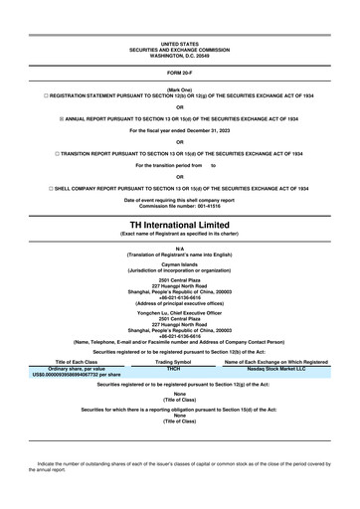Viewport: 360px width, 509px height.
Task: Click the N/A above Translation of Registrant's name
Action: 179,248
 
